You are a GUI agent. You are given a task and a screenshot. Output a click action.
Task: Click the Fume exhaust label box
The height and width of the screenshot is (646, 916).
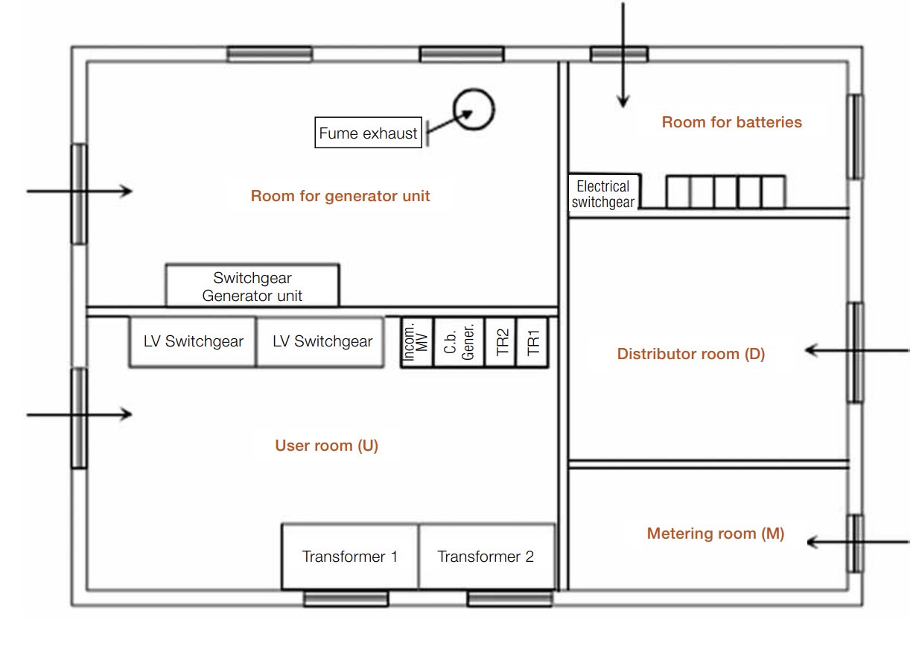[x=369, y=134]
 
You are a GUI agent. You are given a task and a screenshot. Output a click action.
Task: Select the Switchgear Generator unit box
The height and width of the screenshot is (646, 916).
[x=252, y=285]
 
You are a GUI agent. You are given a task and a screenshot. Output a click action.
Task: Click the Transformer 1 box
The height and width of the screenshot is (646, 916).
[x=349, y=557]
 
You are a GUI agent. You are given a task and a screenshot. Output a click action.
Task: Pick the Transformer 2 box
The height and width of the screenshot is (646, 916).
[x=486, y=557]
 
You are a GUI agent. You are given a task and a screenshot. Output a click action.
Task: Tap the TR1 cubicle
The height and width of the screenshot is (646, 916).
[x=532, y=342]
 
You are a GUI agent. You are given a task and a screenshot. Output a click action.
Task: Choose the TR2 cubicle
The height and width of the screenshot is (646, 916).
[x=501, y=342]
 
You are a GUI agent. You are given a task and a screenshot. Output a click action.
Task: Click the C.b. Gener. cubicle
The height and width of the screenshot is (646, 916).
[x=460, y=342]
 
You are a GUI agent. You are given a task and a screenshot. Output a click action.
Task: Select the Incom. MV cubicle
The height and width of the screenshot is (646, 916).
[x=416, y=342]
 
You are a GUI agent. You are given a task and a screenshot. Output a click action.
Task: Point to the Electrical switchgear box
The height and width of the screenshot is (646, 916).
[x=603, y=194]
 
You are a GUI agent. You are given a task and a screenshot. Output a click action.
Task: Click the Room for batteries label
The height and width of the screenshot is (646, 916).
[x=732, y=122]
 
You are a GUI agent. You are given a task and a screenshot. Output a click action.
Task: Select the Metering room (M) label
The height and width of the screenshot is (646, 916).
[x=716, y=533]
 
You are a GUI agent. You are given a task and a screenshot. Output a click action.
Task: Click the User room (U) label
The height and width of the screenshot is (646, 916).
[x=327, y=446]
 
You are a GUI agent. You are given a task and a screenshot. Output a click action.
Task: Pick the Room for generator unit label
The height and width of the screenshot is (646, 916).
[x=340, y=196]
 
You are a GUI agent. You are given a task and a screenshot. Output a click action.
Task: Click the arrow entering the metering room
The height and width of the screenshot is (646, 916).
[x=856, y=543]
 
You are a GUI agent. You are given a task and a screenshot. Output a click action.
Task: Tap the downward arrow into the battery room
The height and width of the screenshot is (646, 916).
[x=623, y=56]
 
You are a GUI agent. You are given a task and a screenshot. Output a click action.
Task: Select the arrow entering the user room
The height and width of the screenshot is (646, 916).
[x=80, y=414]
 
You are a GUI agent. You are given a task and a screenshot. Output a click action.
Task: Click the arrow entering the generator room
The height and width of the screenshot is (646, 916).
[x=80, y=191]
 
